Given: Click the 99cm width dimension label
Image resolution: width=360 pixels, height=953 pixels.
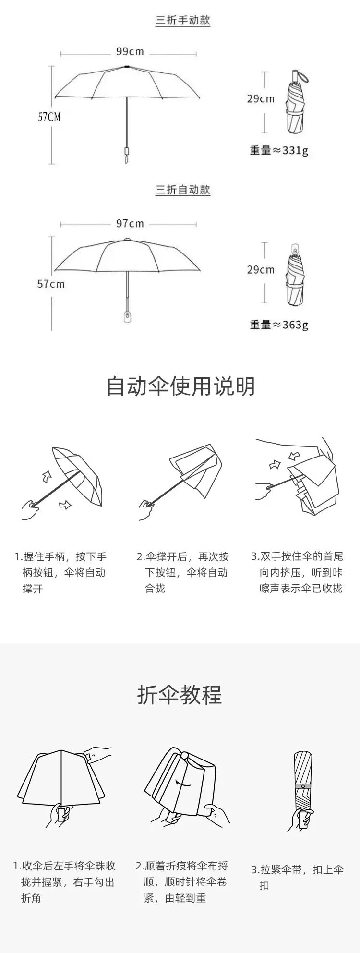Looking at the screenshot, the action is point(130,51).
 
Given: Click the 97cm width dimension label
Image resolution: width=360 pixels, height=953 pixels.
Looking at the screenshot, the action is point(130,223).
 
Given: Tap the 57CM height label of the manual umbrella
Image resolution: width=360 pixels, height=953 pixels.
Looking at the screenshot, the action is point(49,117).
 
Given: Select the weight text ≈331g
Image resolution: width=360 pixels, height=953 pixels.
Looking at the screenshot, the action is point(279,150).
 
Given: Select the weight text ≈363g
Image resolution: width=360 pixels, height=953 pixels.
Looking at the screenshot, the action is point(279,325).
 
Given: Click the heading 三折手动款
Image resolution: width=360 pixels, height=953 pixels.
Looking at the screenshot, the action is point(183,21).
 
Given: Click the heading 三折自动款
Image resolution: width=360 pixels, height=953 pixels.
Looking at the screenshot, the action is point(183,190).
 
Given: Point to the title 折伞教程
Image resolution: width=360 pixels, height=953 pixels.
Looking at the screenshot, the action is point(180,695).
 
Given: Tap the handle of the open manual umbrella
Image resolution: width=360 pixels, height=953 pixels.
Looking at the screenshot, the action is point(127,153).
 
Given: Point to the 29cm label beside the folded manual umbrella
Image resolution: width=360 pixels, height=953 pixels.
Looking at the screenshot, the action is point(261,98).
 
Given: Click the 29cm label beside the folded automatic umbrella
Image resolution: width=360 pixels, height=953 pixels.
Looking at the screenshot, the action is point(261,269).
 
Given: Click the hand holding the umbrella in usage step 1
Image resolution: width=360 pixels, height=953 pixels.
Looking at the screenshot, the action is point(30,509).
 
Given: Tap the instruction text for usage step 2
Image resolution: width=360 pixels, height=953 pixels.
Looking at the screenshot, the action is point(183,572).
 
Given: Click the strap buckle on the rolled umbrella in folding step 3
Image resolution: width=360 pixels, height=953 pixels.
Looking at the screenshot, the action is point(303,786).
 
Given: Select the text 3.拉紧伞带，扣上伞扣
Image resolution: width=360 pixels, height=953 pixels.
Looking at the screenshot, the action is point(298,877).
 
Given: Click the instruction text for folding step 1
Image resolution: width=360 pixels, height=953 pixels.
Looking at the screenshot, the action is point(64,882).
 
